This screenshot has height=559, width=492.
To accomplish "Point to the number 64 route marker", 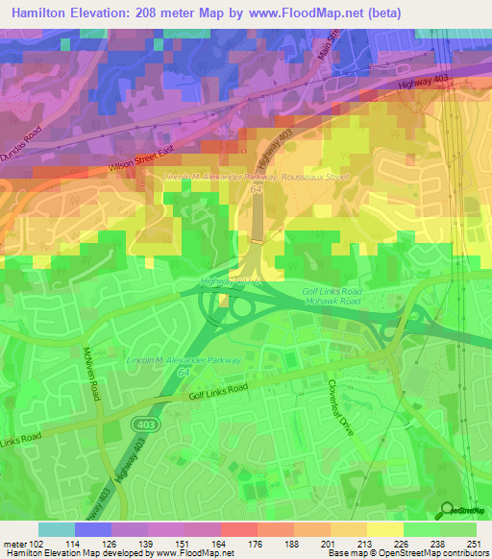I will pos(257,191).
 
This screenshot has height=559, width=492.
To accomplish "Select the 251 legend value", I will pos(478,544).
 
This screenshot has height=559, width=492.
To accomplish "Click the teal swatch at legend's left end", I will pos(57,529).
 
